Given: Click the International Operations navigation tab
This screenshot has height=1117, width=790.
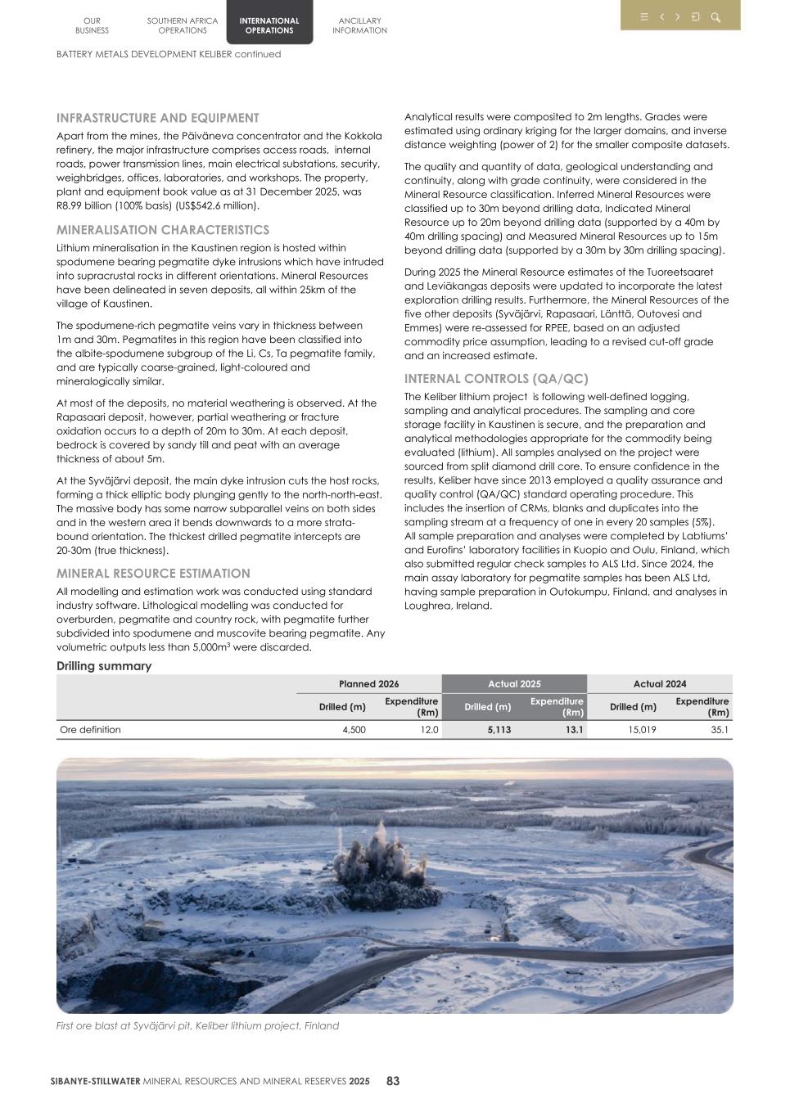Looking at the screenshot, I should (269, 25).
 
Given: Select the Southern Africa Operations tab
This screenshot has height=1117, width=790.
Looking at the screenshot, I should (182, 25).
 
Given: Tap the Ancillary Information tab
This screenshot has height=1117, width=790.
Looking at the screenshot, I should (359, 25).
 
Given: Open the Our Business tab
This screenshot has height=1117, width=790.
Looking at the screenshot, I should (92, 25).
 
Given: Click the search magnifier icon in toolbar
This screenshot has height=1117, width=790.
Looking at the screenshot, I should (716, 17).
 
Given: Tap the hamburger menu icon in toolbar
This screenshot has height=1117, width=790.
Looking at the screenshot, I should (644, 17).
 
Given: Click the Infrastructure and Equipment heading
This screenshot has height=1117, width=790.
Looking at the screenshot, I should (157, 118).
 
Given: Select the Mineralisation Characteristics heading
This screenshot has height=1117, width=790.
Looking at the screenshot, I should (162, 230).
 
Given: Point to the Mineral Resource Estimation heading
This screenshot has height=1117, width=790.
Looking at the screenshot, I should (153, 574).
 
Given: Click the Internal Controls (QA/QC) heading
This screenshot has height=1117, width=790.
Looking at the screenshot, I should (496, 379).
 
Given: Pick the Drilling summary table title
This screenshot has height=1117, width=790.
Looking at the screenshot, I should (104, 666).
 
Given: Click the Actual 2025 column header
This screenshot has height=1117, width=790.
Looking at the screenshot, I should (514, 684).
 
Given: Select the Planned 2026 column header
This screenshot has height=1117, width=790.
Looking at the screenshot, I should (368, 684).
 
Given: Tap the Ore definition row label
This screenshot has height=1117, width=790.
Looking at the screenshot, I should (90, 730).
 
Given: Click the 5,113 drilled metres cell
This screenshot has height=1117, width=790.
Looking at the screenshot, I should (498, 730).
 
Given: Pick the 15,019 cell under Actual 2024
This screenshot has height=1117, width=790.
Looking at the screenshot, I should (641, 730).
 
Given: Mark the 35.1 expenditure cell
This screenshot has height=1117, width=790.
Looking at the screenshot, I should (720, 730).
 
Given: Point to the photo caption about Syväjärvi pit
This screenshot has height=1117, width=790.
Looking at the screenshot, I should (197, 1025).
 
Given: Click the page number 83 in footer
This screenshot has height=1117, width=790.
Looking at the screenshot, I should (393, 1081).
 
